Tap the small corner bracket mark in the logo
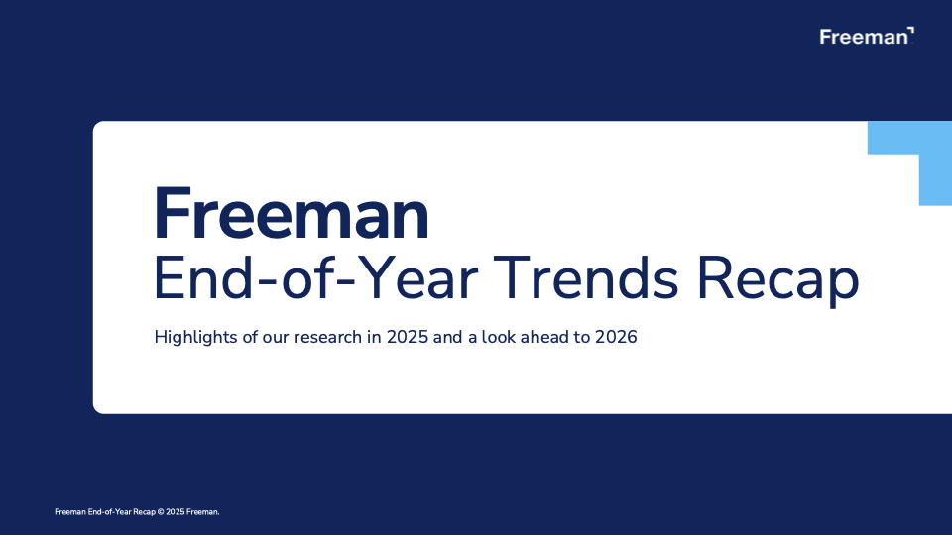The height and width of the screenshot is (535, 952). [911, 32]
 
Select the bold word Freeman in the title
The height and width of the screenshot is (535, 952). [292, 215]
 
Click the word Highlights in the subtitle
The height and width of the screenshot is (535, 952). [193, 338]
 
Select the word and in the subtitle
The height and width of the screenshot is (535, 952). [448, 338]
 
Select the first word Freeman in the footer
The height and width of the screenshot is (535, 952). [68, 511]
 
